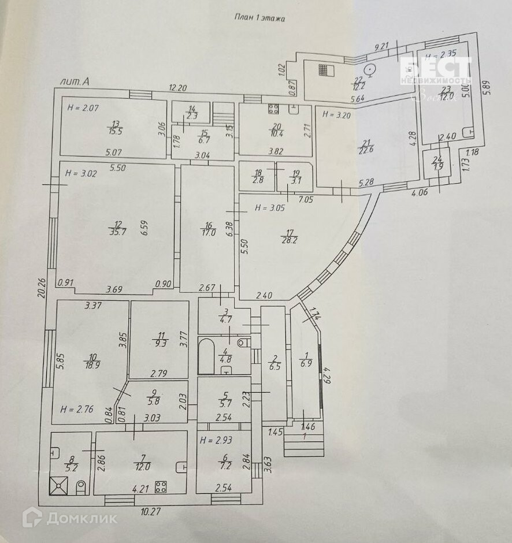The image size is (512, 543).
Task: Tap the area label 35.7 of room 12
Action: (x=118, y=232)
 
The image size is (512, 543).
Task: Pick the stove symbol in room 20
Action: (x=273, y=109)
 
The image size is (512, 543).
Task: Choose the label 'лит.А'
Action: (x=75, y=81)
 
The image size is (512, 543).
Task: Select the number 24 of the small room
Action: (x=438, y=159)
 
